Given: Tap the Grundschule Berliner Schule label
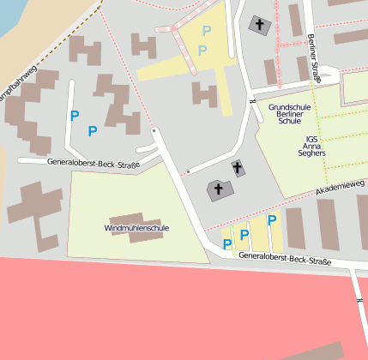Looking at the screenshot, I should pyautogui.click(x=296, y=115).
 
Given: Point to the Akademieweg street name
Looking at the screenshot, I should pyautogui.click(x=341, y=186).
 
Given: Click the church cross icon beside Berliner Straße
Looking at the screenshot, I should pyautogui.click(x=258, y=25).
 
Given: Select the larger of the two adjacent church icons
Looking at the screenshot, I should pyautogui.click(x=218, y=189).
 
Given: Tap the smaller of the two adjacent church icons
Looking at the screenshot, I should pyautogui.click(x=238, y=168).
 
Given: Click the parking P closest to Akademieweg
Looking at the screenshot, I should pyautogui.click(x=272, y=220).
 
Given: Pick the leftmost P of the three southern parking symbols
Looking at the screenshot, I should pyautogui.click(x=226, y=244).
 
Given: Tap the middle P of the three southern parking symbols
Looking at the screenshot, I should pyautogui.click(x=244, y=234).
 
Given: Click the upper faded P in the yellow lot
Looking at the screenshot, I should pyautogui.click(x=205, y=31).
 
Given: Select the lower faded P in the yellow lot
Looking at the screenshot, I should pyautogui.click(x=202, y=51).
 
